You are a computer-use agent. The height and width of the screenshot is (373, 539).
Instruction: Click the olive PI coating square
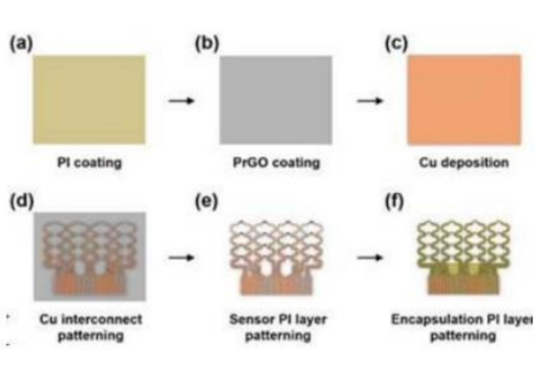pos(89,99)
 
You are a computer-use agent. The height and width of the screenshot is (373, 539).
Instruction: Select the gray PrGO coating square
pos(275,99)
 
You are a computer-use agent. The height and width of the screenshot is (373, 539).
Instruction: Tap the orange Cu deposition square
pos(464,99)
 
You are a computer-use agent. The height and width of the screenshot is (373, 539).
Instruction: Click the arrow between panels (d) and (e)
pos(181,257)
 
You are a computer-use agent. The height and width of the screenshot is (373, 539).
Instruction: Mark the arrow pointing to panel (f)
pos(370,257)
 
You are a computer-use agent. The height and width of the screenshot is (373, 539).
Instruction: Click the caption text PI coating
pos(89,163)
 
